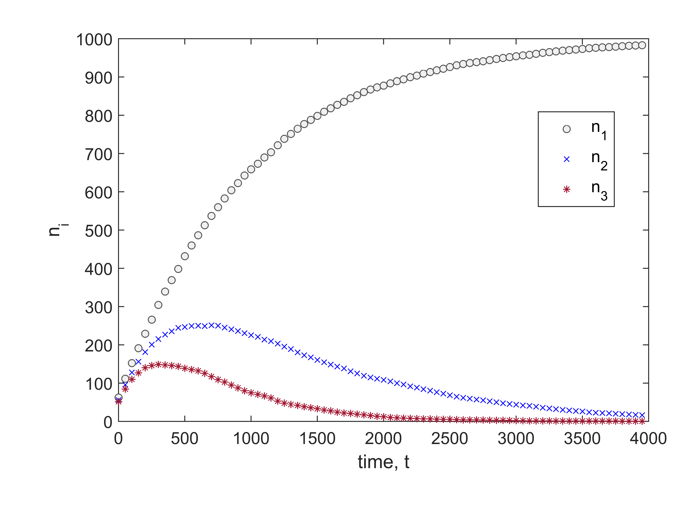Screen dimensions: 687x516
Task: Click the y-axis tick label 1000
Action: pos(94,40)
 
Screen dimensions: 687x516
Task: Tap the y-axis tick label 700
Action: pos(98,155)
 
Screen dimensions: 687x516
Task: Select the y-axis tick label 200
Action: pos(98,346)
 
